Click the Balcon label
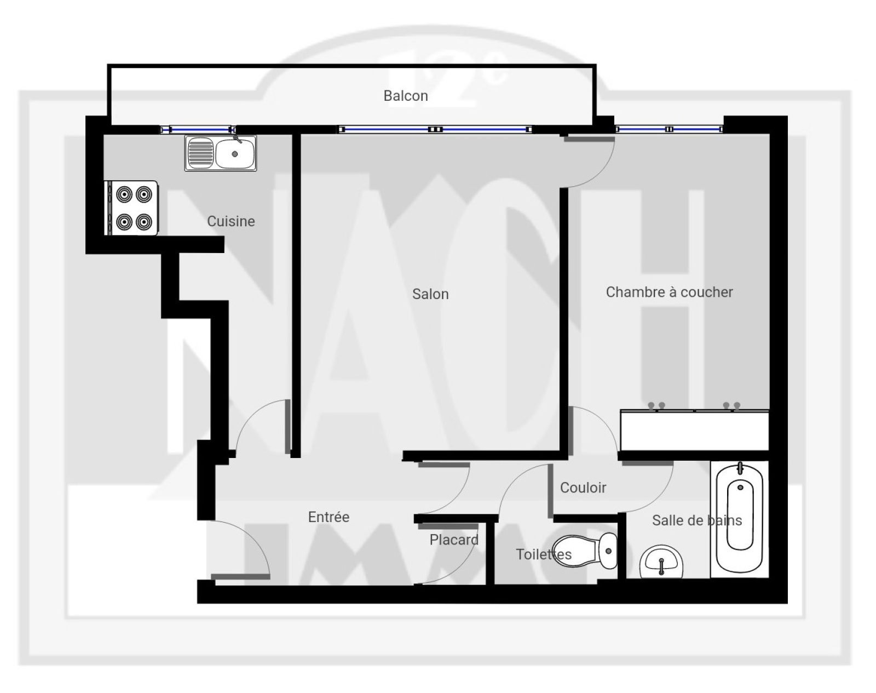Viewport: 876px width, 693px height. (x=406, y=96)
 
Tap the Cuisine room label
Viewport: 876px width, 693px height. (x=231, y=221)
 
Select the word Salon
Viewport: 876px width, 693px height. (x=430, y=294)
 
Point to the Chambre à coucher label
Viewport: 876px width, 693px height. (x=669, y=292)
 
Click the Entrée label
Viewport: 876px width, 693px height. (x=328, y=517)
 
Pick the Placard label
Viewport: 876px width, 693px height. (x=454, y=540)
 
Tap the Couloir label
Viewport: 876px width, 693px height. (x=583, y=488)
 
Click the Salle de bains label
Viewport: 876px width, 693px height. (x=697, y=520)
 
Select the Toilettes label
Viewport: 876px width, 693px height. (x=544, y=554)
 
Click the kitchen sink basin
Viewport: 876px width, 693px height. (x=235, y=153)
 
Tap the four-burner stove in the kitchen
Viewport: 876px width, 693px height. (x=131, y=208)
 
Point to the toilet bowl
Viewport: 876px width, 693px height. (x=585, y=551)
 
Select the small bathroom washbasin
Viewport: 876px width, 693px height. (x=661, y=562)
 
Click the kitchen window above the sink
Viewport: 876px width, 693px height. (x=198, y=129)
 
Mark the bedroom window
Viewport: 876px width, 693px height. (x=669, y=129)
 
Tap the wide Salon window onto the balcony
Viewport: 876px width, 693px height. (x=435, y=129)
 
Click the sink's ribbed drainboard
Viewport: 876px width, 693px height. (x=200, y=153)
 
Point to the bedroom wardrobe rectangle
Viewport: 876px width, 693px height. (x=694, y=431)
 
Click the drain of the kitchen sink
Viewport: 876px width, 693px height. (x=235, y=154)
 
